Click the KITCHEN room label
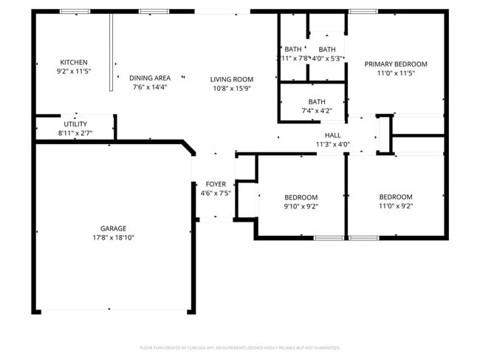tap(74, 62)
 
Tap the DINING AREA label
tap(150, 78)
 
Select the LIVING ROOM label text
tap(232, 79)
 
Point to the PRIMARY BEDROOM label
tap(396, 64)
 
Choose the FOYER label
tap(216, 184)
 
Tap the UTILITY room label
tap(75, 124)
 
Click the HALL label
tap(332, 135)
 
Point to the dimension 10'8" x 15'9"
tap(232, 89)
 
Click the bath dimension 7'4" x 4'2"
tap(317, 111)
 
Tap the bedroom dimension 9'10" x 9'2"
tap(301, 207)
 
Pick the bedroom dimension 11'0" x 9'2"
tap(396, 206)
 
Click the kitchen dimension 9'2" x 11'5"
tap(74, 72)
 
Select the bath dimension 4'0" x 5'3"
tap(326, 58)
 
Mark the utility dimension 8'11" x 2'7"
tap(75, 133)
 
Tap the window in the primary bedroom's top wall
tap(359, 11)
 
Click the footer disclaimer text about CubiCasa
tap(240, 347)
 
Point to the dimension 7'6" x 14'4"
tap(150, 87)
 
